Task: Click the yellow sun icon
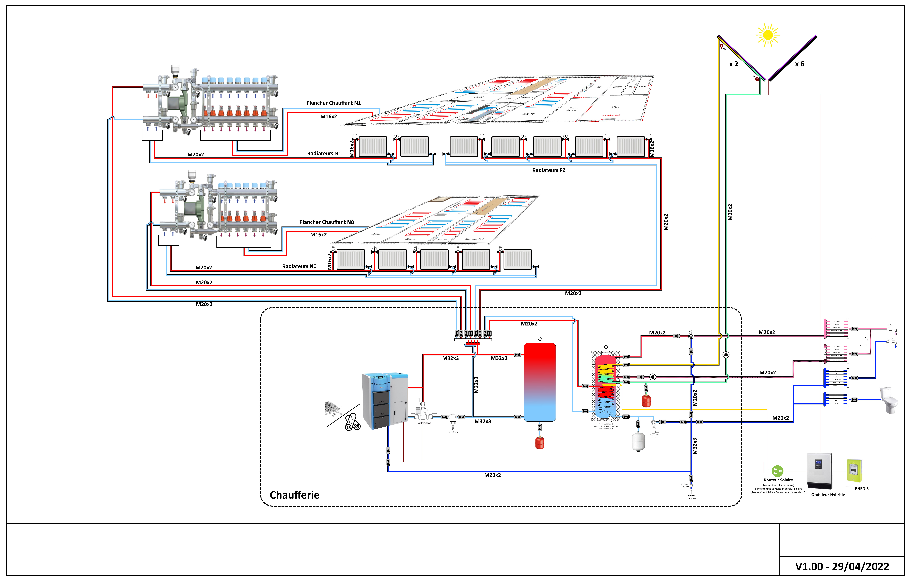point(768,35)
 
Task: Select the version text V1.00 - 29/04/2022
point(842,566)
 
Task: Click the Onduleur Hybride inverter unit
point(819,471)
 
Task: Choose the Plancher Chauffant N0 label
point(327,222)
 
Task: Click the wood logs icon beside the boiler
point(353,422)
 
